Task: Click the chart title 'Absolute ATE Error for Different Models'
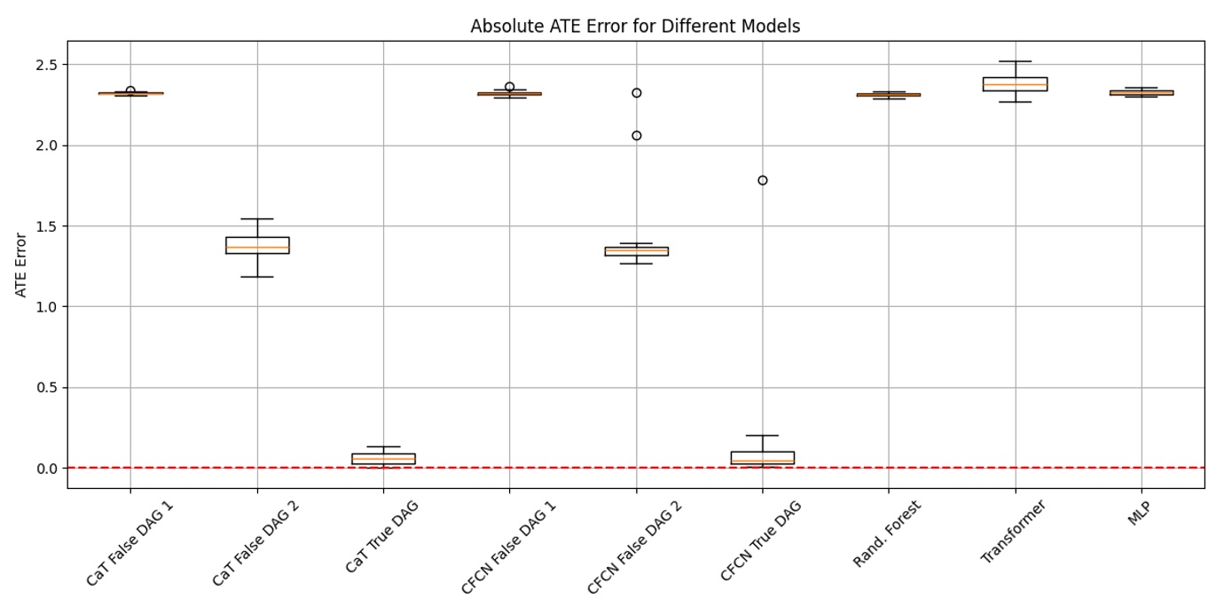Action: (x=635, y=27)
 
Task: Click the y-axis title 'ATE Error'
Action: (x=21, y=264)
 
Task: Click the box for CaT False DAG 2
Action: (x=257, y=245)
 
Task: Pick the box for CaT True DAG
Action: (x=383, y=459)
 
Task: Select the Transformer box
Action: (x=1015, y=84)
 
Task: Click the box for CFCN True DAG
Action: (x=762, y=458)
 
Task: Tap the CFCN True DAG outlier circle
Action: (x=762, y=180)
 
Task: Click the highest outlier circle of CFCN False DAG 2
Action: (x=636, y=92)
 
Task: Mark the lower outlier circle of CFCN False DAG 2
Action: (x=636, y=136)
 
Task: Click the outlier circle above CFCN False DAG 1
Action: (x=509, y=87)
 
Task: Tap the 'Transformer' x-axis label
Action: (x=1013, y=532)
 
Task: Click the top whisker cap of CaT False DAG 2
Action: (x=257, y=218)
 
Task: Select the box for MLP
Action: (x=1141, y=92)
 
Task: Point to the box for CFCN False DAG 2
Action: (x=636, y=251)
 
